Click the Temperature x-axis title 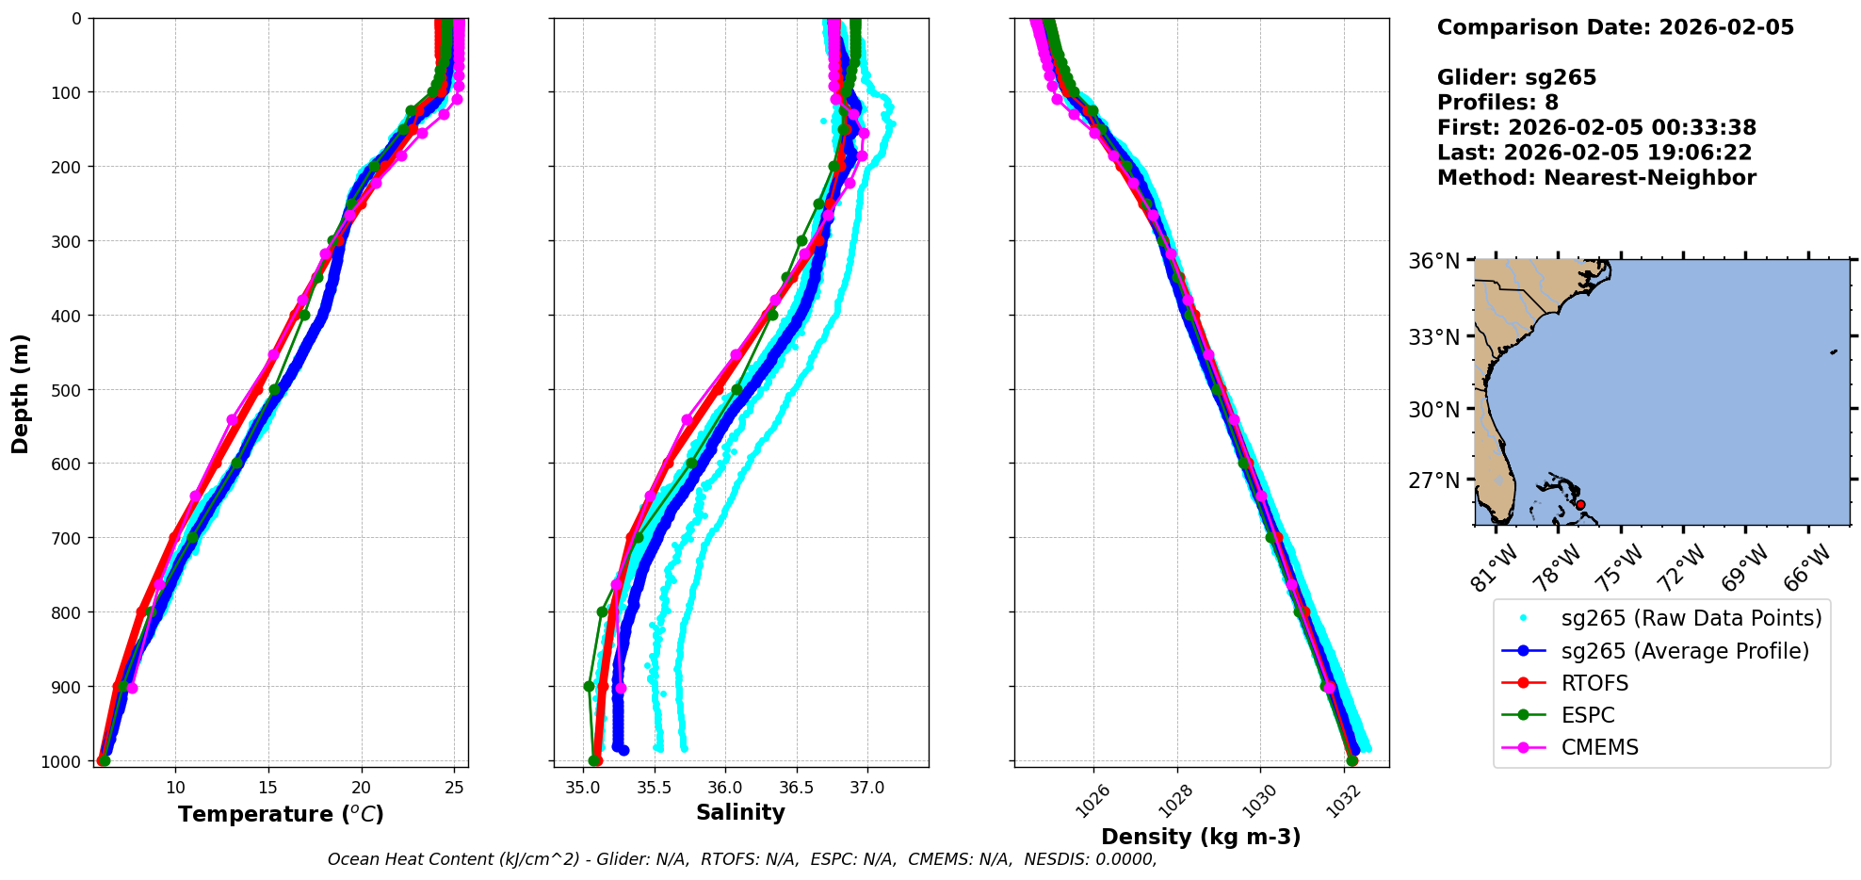tap(281, 814)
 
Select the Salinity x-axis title tap(740, 812)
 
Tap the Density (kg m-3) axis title tap(1201, 837)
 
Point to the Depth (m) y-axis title tap(21, 393)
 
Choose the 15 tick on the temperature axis tap(268, 788)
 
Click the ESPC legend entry tap(1588, 715)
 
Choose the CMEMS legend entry tap(1599, 747)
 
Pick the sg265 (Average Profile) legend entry tap(1685, 651)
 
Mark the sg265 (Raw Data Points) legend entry tap(1691, 618)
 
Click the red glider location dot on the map tap(1580, 505)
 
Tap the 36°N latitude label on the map tap(1434, 261)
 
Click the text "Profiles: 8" tap(1497, 103)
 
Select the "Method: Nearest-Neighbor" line tap(1596, 178)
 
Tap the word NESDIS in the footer tap(1059, 859)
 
